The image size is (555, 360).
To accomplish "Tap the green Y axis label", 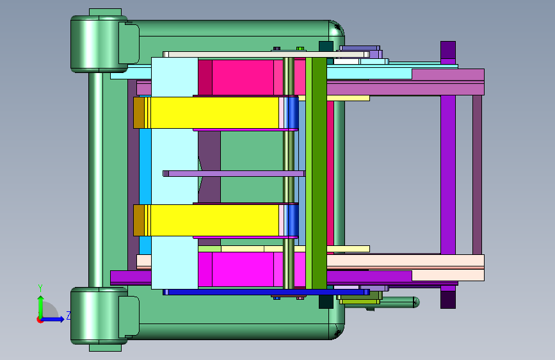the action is pyautogui.click(x=40, y=288).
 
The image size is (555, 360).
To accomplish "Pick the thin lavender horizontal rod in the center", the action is pyautogui.click(x=234, y=174).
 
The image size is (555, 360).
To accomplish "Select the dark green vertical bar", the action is pyautogui.click(x=319, y=173).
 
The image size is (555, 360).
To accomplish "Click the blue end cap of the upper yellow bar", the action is pyautogui.click(x=293, y=113).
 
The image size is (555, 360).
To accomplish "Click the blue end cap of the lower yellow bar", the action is pyautogui.click(x=293, y=220).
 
